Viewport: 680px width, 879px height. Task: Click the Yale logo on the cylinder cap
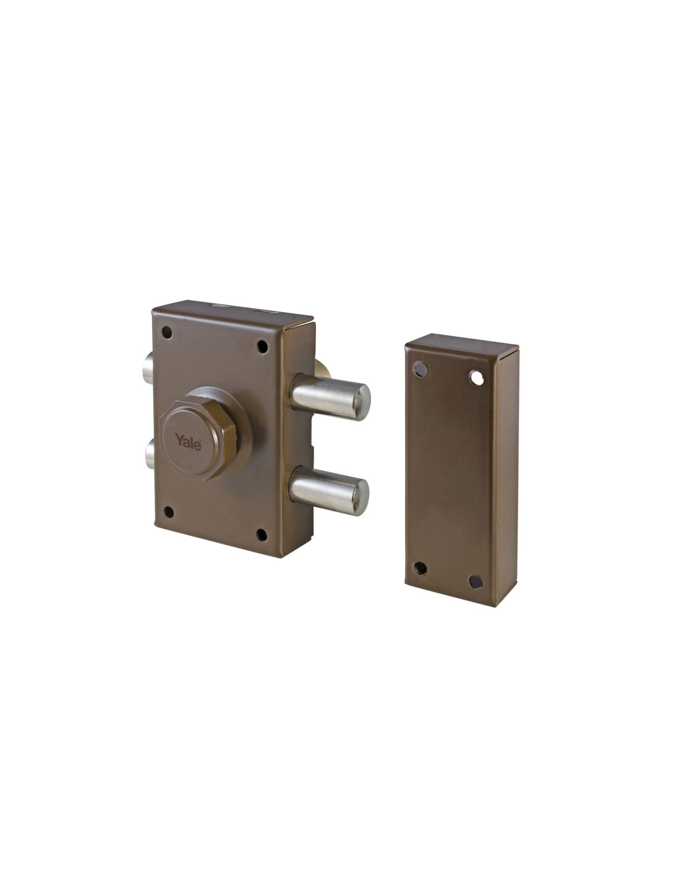pyautogui.click(x=188, y=442)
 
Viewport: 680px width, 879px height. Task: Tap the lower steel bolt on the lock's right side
pyautogui.click(x=328, y=491)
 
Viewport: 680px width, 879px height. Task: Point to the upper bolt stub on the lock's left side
pyautogui.click(x=148, y=368)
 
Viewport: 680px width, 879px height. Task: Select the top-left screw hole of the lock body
pyautogui.click(x=167, y=333)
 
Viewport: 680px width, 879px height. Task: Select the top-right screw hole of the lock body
pyautogui.click(x=263, y=346)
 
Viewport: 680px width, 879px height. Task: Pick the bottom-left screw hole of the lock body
pyautogui.click(x=169, y=512)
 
